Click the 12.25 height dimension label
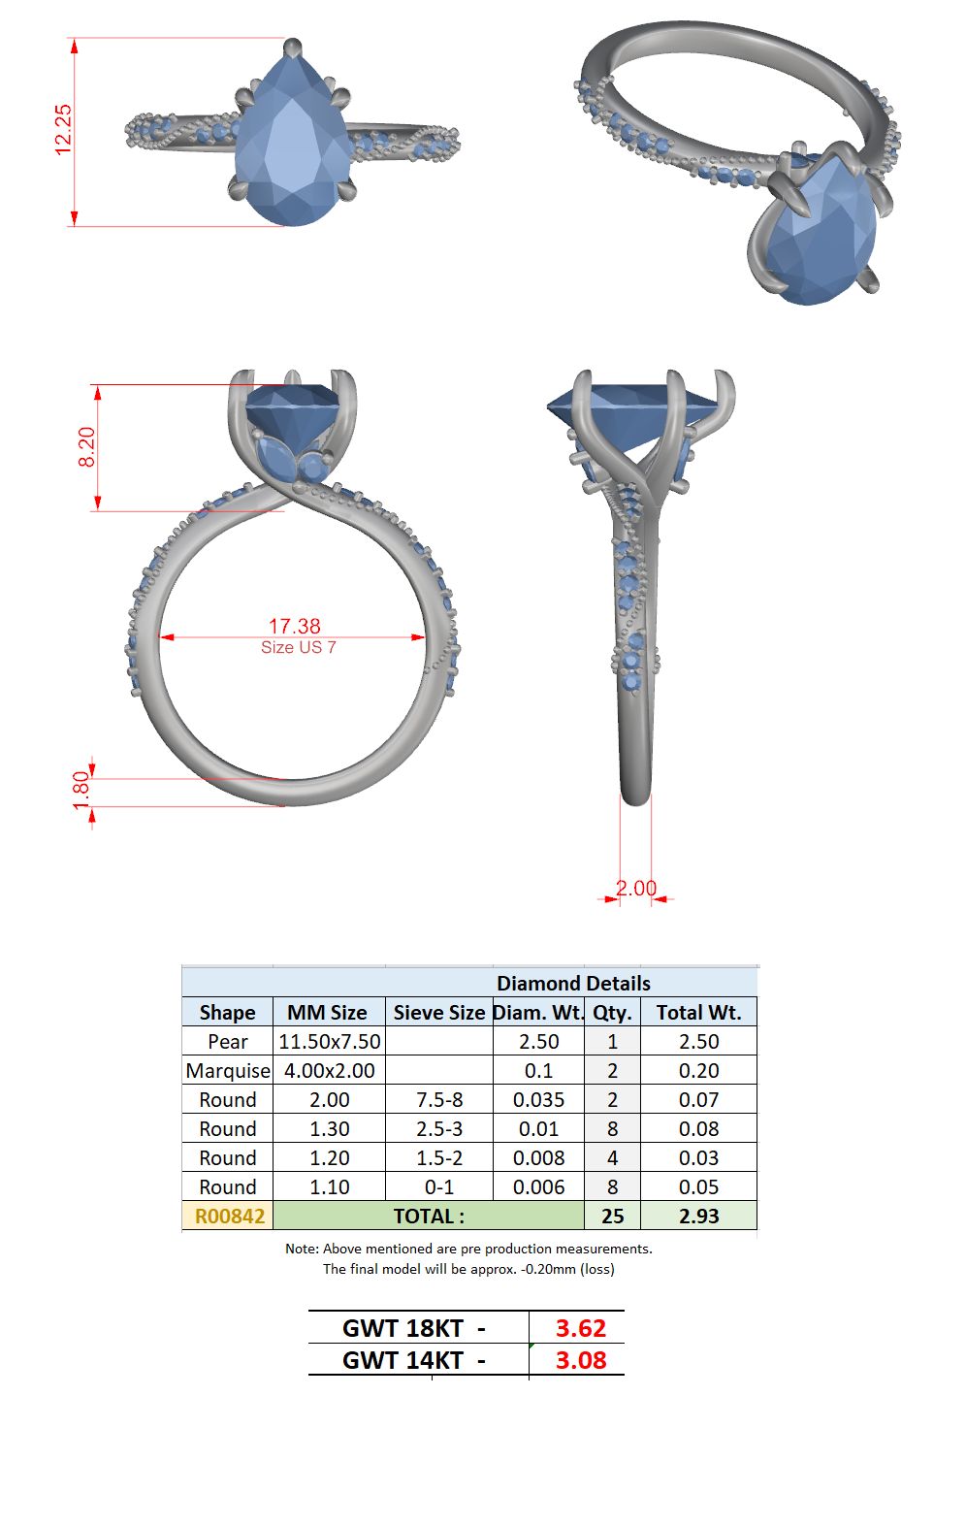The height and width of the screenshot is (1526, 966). point(63,129)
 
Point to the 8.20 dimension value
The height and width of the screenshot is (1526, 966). point(86,447)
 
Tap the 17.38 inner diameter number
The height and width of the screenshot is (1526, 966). point(294,626)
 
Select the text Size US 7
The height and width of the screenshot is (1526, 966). point(299,647)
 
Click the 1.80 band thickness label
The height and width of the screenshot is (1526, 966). point(81,791)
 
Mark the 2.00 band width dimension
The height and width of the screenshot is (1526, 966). point(636,889)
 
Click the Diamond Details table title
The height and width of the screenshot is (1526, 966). point(573,983)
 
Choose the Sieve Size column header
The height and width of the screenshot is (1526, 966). point(439,1013)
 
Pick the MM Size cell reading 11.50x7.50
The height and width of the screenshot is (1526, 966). point(330,1042)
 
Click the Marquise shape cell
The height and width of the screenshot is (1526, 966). point(228,1071)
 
